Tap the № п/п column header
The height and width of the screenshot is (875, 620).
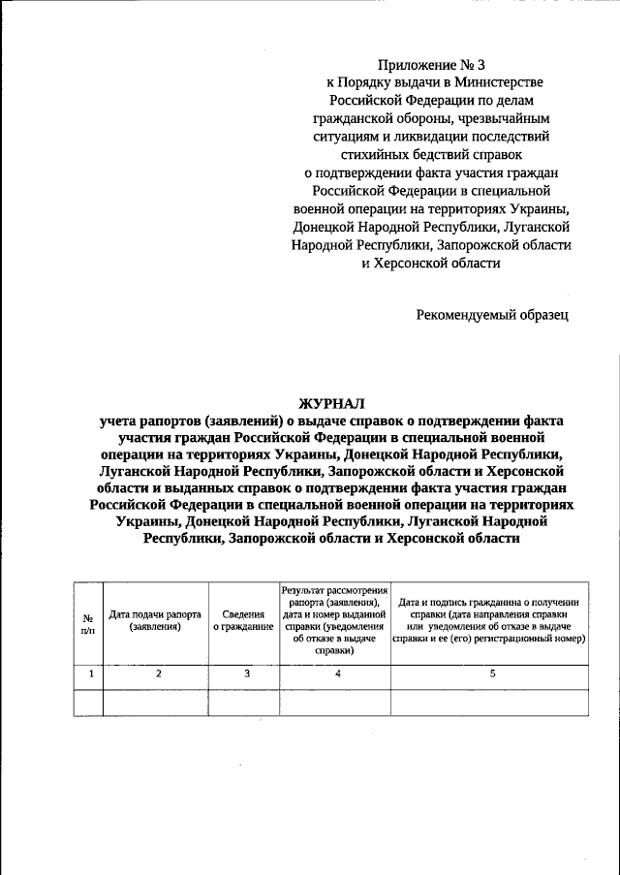click(x=87, y=623)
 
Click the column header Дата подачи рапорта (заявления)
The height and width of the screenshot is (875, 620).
click(x=155, y=620)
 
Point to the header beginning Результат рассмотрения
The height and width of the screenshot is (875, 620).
click(x=334, y=620)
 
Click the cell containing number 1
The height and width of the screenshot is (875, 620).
click(x=87, y=674)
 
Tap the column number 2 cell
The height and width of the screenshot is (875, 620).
click(x=155, y=674)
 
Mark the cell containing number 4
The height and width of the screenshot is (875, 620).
click(x=334, y=674)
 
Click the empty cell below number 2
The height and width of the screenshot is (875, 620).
click(x=155, y=703)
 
